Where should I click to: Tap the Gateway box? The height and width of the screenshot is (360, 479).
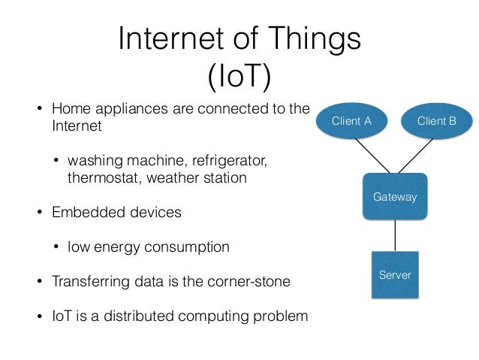click(394, 196)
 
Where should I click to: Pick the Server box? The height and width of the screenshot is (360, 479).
click(395, 274)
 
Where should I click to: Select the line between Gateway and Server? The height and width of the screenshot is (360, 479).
click(395, 236)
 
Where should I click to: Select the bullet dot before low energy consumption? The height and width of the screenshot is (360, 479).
click(56, 247)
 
